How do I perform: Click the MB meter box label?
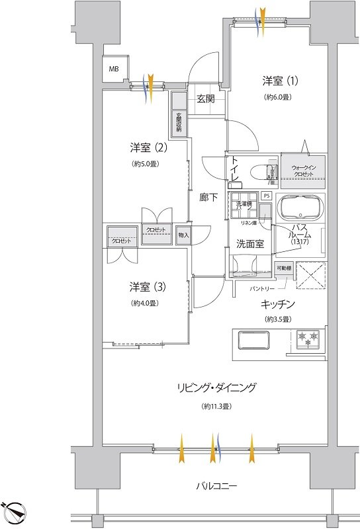point(113,69)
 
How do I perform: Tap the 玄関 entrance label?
point(205,99)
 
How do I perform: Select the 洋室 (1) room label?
point(280,81)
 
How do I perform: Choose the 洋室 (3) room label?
point(147,287)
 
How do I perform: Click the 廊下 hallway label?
point(209,196)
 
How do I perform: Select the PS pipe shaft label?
point(266,196)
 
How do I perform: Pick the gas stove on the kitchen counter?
point(308,339)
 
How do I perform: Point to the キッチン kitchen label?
point(277,304)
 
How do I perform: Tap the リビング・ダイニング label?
point(216,387)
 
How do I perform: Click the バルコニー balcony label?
point(216,486)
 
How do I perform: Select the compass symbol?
point(15,512)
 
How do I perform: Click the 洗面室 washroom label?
point(250,243)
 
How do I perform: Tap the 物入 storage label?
point(183,235)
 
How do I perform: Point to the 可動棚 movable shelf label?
point(283,268)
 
